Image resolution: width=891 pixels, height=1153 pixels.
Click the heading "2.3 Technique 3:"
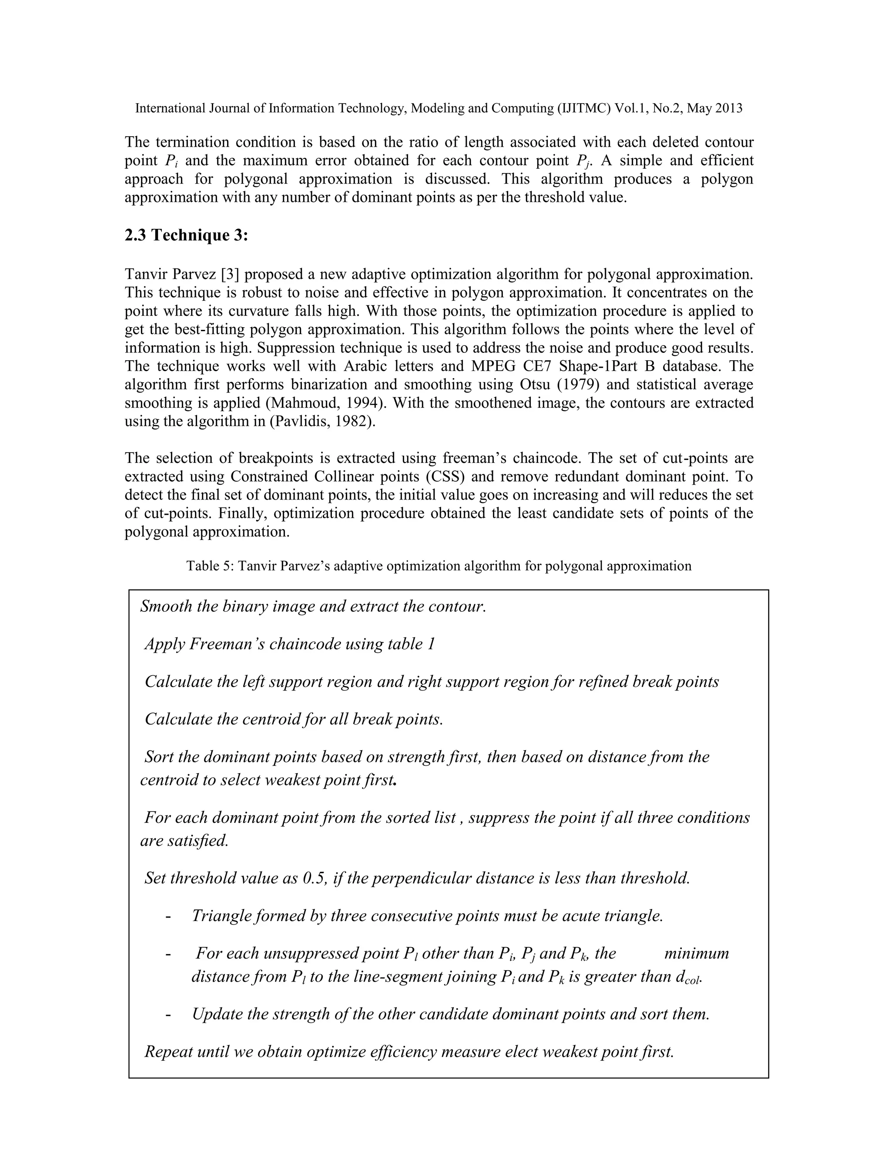coord(186,235)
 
